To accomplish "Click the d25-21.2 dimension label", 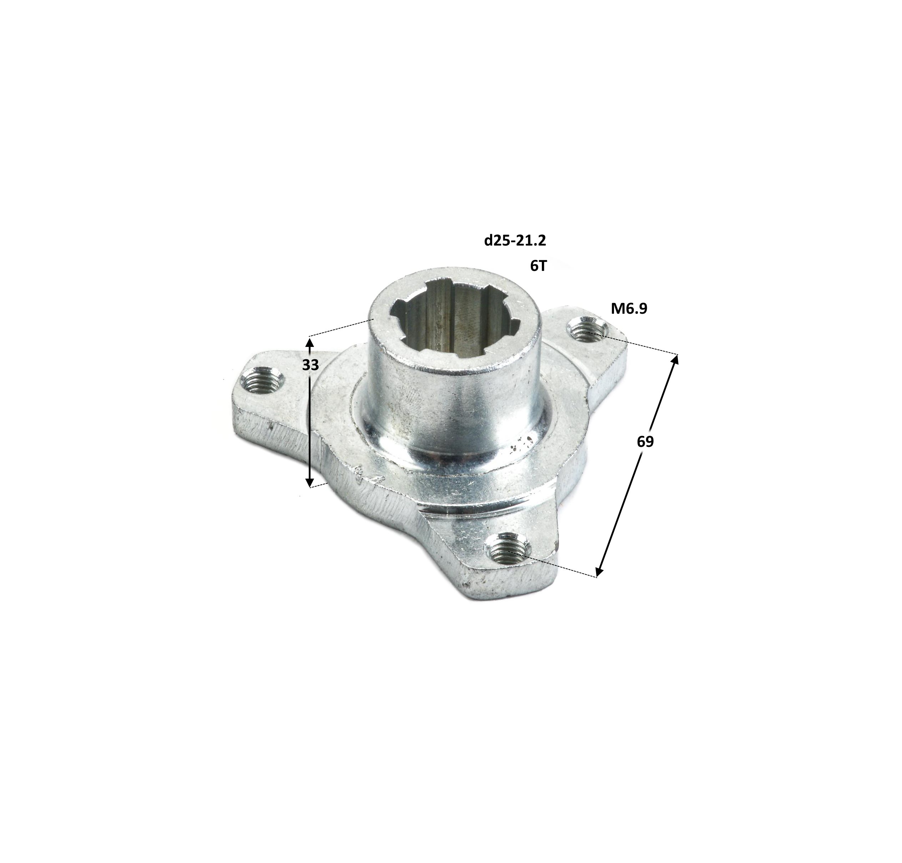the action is point(515,241).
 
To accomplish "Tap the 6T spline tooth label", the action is point(538,266).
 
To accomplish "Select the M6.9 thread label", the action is point(629,309).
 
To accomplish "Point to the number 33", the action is point(311,365).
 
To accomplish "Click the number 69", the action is point(645,441).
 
